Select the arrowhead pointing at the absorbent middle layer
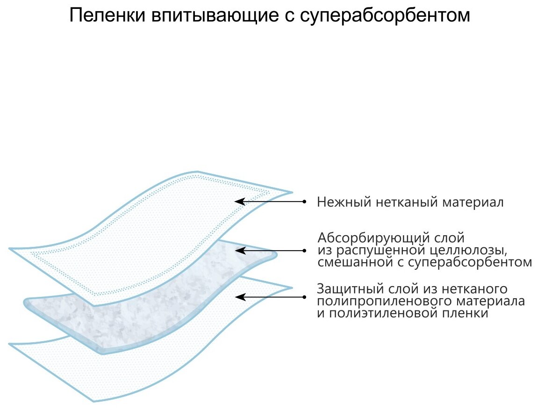(239, 250)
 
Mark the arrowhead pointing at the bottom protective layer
(239, 296)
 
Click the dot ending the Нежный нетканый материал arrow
(304, 201)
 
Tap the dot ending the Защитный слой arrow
(304, 296)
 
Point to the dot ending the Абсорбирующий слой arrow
(304, 250)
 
